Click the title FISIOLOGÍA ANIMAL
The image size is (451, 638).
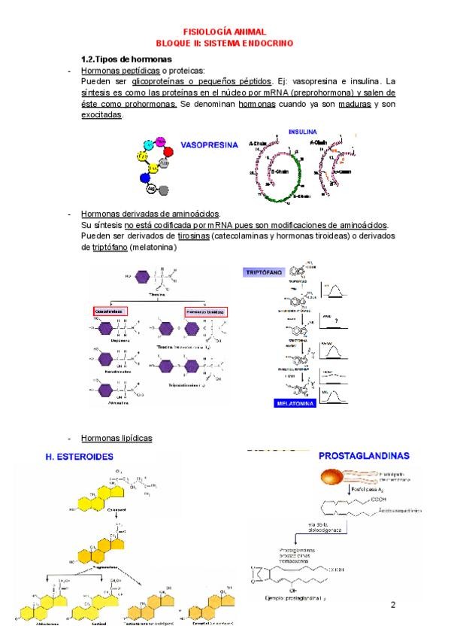pyautogui.click(x=225, y=33)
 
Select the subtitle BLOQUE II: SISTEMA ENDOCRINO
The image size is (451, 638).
pyautogui.click(x=225, y=44)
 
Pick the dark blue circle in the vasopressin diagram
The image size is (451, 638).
pyautogui.click(x=147, y=179)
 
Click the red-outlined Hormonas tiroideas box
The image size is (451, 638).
pyautogui.click(x=206, y=311)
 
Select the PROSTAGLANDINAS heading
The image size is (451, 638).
pyautogui.click(x=364, y=455)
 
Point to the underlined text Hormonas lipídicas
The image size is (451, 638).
pyautogui.click(x=117, y=438)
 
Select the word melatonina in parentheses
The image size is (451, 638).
pyautogui.click(x=153, y=247)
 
